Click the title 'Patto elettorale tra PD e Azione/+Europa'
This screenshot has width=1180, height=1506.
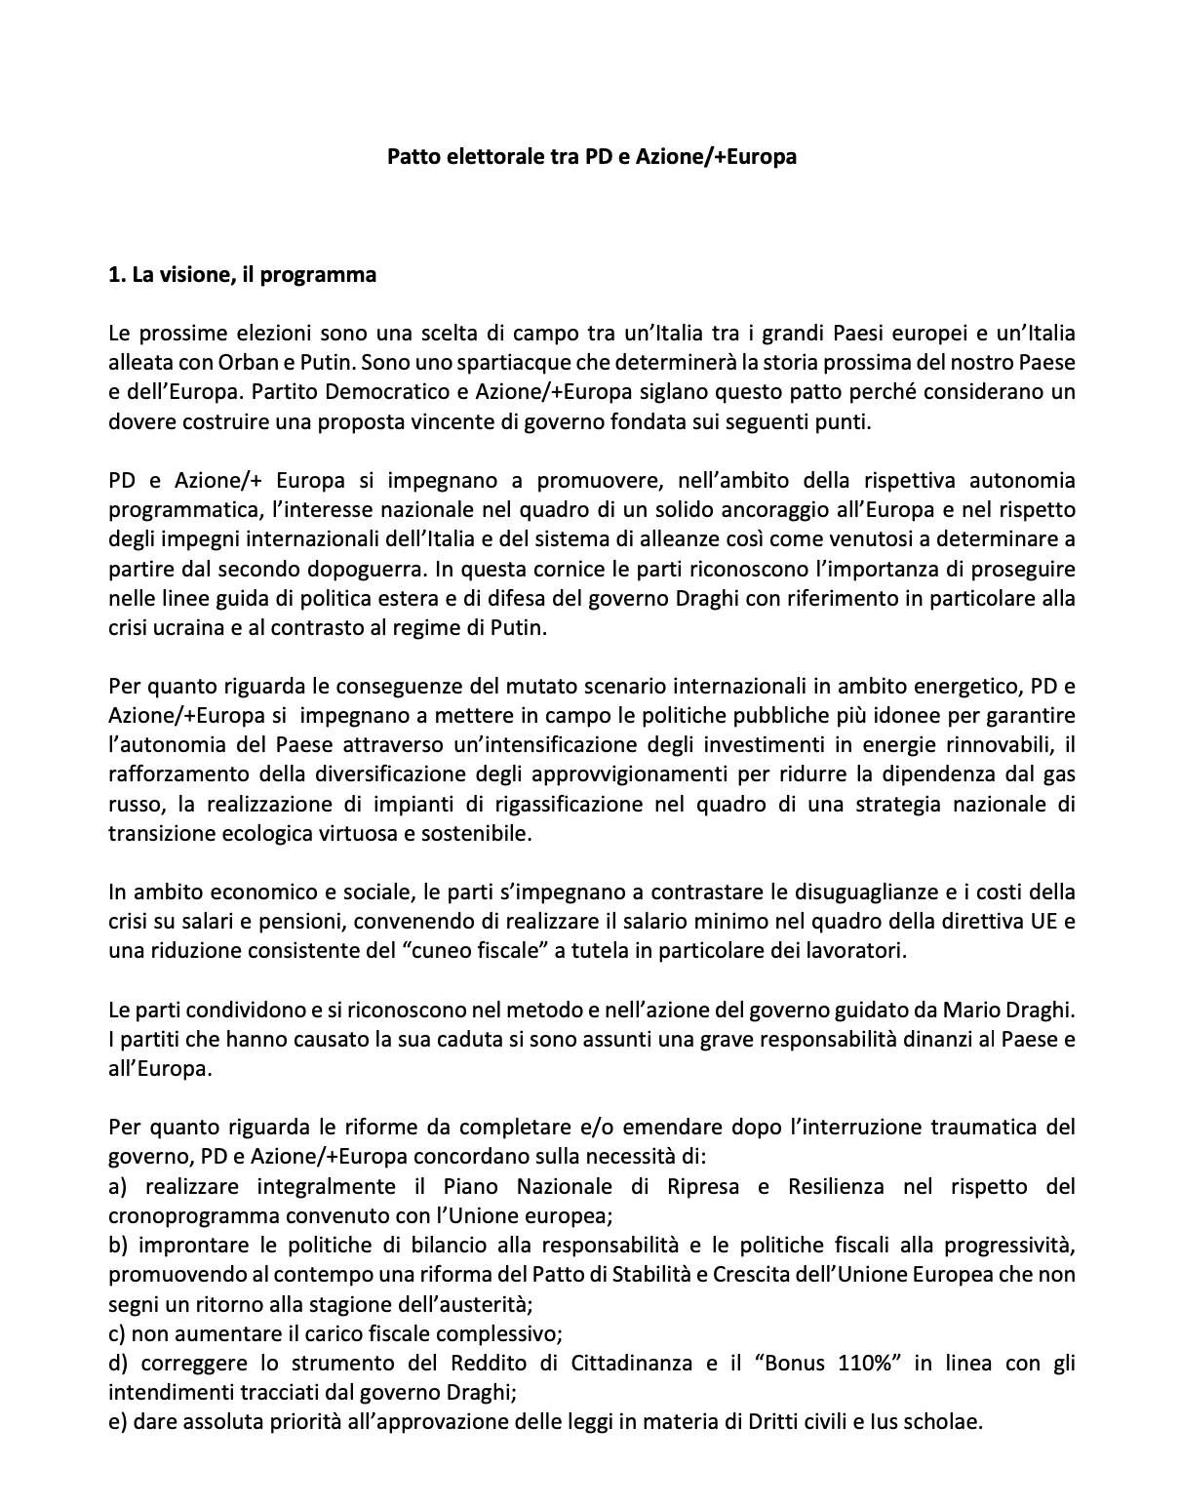(x=591, y=156)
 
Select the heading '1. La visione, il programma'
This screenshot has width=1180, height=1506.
(x=242, y=275)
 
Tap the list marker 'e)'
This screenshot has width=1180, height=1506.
(x=118, y=1422)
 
